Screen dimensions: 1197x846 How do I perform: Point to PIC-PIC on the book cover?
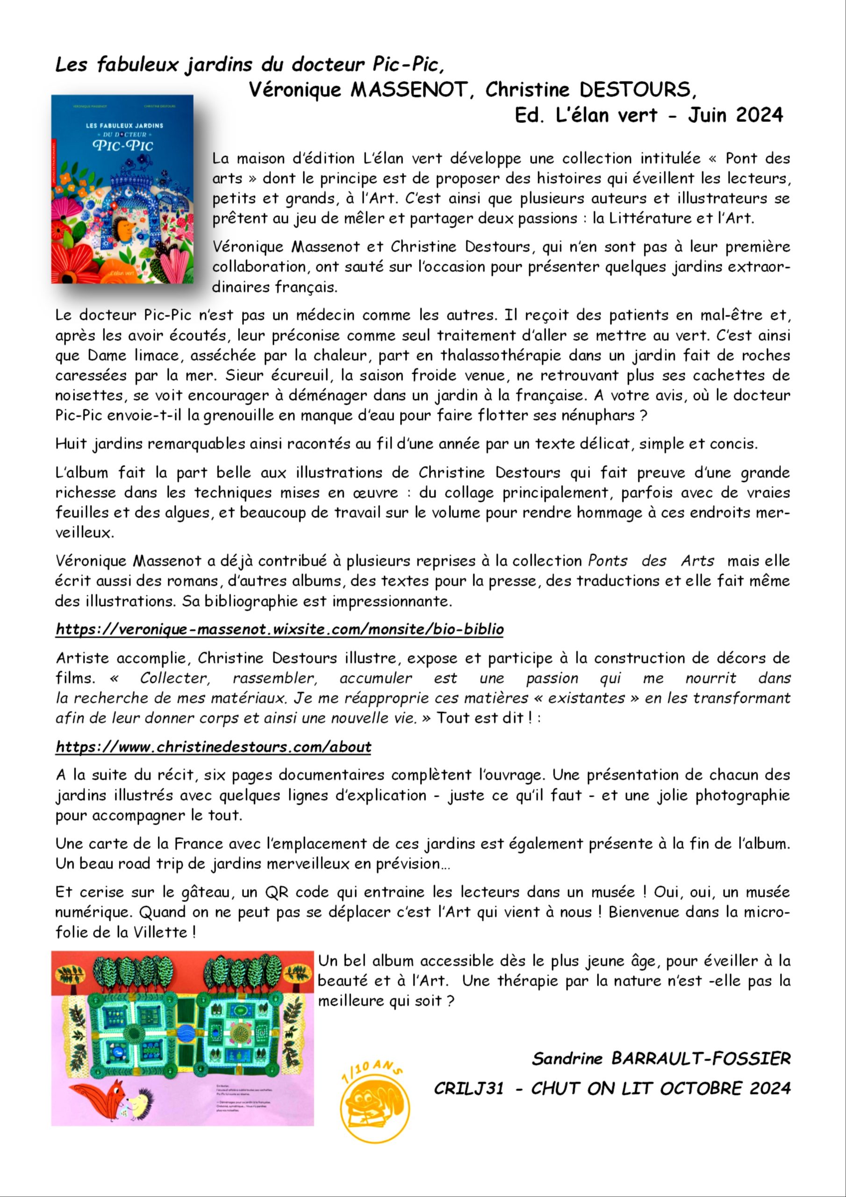[x=123, y=144]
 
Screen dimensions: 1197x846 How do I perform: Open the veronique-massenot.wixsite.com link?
[x=280, y=629]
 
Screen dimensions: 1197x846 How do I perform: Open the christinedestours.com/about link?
[x=214, y=747]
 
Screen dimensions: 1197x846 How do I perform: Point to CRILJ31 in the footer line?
[x=469, y=1089]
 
